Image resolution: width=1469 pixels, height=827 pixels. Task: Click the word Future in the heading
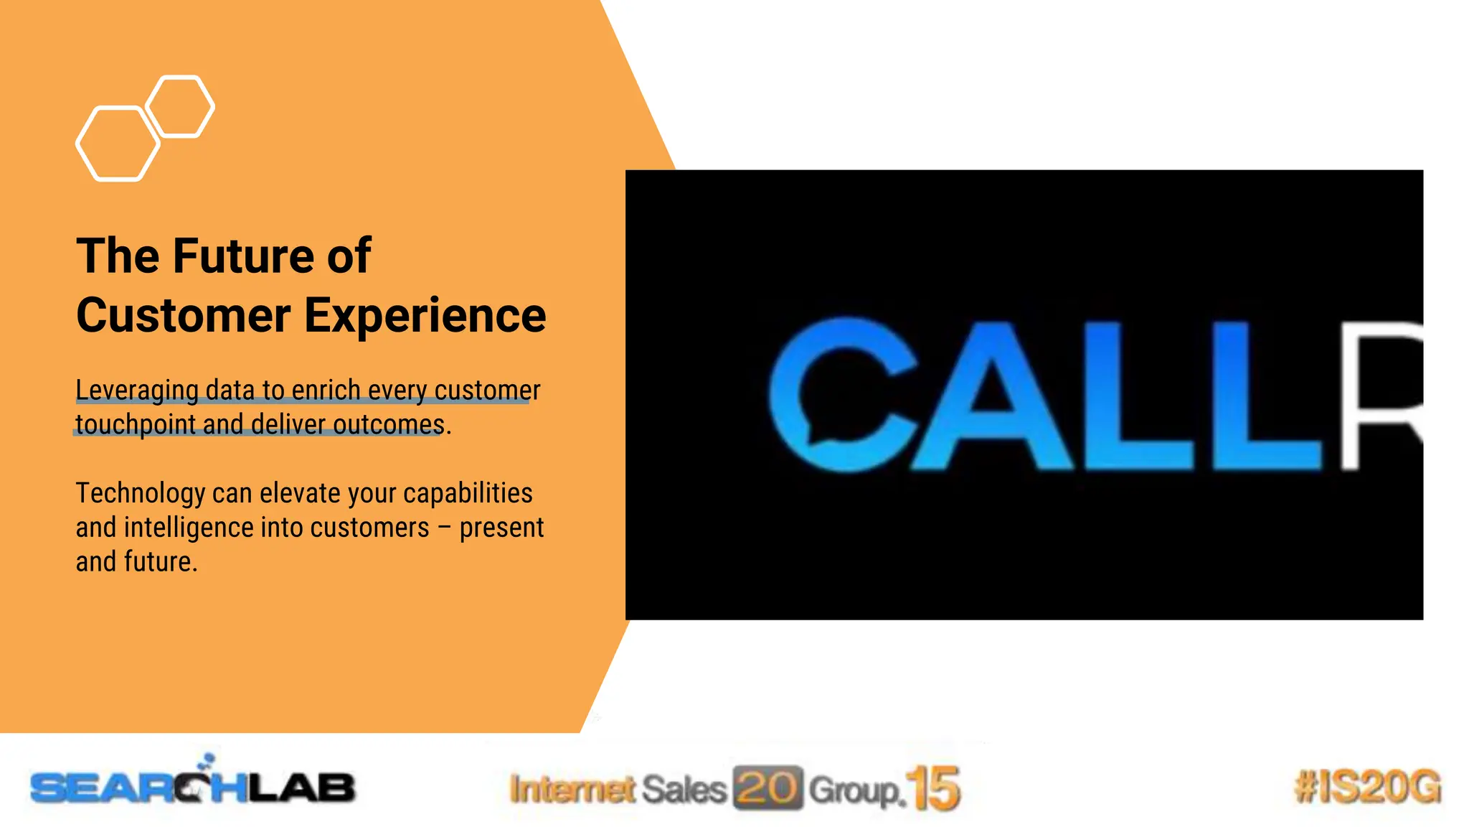click(245, 256)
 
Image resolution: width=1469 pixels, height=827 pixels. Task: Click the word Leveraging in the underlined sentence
click(136, 390)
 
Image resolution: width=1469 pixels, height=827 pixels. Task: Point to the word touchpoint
click(136, 424)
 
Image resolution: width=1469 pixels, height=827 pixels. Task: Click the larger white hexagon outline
click(118, 144)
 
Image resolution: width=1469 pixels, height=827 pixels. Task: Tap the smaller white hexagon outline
click(179, 106)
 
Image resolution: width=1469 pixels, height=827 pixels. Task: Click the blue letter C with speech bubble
click(839, 395)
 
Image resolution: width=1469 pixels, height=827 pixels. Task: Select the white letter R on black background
click(1381, 395)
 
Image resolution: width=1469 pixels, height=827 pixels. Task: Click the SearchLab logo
click(192, 787)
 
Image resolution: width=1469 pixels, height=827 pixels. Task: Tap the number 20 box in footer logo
click(767, 788)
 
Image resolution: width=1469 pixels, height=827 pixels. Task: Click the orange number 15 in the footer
click(932, 788)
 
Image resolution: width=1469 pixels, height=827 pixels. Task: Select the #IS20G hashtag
click(1367, 787)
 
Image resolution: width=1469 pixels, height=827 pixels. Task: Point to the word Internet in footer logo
click(572, 789)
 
